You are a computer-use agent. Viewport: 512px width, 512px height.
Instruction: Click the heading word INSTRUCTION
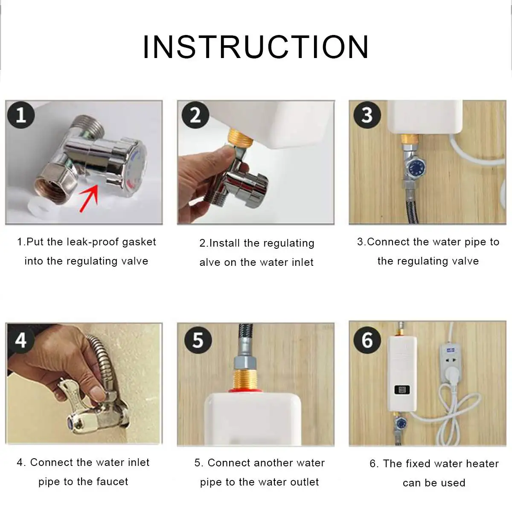256,47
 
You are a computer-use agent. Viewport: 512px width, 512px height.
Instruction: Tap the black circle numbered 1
21,115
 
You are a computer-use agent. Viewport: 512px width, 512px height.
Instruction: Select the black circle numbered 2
195,115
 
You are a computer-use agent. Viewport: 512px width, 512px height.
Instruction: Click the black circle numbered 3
367,115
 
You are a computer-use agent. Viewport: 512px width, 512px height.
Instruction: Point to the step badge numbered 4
21,340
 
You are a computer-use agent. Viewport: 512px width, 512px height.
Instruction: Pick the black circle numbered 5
198,340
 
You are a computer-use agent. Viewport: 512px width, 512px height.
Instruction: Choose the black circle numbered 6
367,340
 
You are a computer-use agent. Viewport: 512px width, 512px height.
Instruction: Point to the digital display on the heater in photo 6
402,390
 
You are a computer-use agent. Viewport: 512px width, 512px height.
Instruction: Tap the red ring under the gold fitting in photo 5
245,390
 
